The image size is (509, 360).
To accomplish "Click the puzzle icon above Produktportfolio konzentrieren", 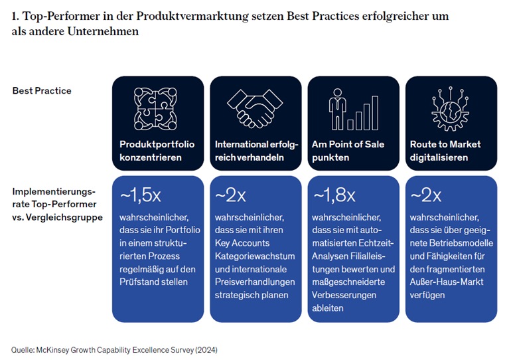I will [x=155, y=108].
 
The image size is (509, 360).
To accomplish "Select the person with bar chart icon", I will [x=352, y=108].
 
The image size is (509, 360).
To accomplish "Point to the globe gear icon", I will [x=451, y=108].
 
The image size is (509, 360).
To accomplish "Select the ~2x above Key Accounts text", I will [x=231, y=195].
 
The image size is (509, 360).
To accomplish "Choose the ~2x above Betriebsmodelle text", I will [x=426, y=195].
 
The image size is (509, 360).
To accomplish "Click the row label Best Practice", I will [x=42, y=90].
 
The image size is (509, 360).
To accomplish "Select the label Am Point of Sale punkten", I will [x=348, y=151].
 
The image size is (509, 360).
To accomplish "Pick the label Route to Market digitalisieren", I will [x=445, y=151].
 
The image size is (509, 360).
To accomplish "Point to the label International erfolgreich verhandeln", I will [x=256, y=151].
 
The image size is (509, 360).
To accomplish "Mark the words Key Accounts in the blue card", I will [x=242, y=243].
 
